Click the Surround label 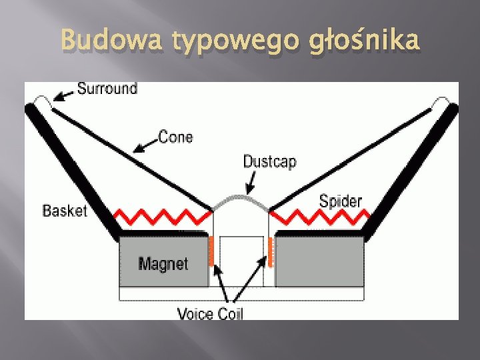[107, 88]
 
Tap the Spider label [340, 200]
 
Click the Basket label [65, 211]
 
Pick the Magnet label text [163, 264]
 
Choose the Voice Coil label [210, 313]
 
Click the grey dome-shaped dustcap [241, 201]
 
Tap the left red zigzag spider [160, 216]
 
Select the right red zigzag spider [320, 216]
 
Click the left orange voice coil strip [211, 251]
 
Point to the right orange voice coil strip [271, 251]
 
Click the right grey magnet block [320, 261]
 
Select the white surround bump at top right [442, 103]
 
